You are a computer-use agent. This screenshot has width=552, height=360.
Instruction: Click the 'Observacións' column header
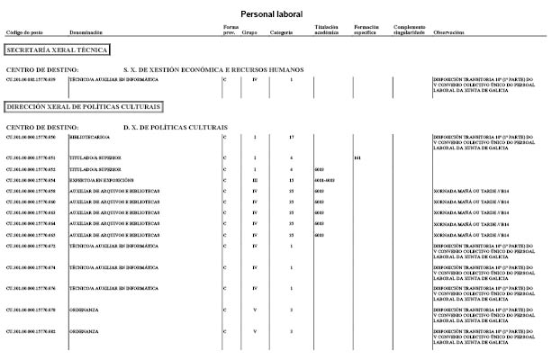point(449,32)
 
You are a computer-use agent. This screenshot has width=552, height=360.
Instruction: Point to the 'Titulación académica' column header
point(327,30)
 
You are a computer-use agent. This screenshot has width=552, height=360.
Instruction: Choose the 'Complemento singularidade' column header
point(410,30)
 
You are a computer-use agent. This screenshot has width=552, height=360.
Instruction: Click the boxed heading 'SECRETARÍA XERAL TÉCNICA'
point(57,50)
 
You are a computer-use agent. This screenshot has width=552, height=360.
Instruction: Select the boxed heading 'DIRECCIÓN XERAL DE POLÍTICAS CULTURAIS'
point(83,106)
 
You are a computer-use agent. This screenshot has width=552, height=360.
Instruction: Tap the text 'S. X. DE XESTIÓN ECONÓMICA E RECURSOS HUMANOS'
point(213,69)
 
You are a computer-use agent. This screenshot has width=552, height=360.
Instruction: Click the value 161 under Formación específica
point(357,157)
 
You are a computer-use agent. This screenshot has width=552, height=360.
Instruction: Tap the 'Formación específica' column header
point(367,30)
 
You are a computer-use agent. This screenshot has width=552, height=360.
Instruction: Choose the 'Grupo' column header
point(249,32)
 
